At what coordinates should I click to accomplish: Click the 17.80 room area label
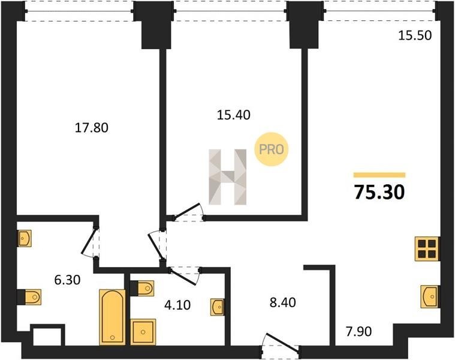click(91, 128)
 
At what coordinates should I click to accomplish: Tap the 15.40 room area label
click(234, 115)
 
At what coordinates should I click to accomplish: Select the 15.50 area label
click(415, 35)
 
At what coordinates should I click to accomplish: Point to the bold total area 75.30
click(379, 192)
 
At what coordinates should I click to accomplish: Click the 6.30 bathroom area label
click(67, 280)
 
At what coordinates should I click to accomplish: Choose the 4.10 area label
click(177, 305)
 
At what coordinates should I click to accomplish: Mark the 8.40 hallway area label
click(282, 302)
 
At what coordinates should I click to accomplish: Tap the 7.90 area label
click(358, 331)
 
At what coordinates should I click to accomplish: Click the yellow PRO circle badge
click(272, 149)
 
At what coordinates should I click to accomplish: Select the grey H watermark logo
click(228, 177)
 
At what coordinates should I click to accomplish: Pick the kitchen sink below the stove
click(430, 296)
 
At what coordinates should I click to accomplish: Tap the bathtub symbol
click(112, 317)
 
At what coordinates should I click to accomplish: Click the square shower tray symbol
click(143, 332)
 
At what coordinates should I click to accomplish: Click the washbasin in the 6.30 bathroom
click(25, 239)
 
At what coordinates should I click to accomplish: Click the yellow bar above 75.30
click(379, 175)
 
